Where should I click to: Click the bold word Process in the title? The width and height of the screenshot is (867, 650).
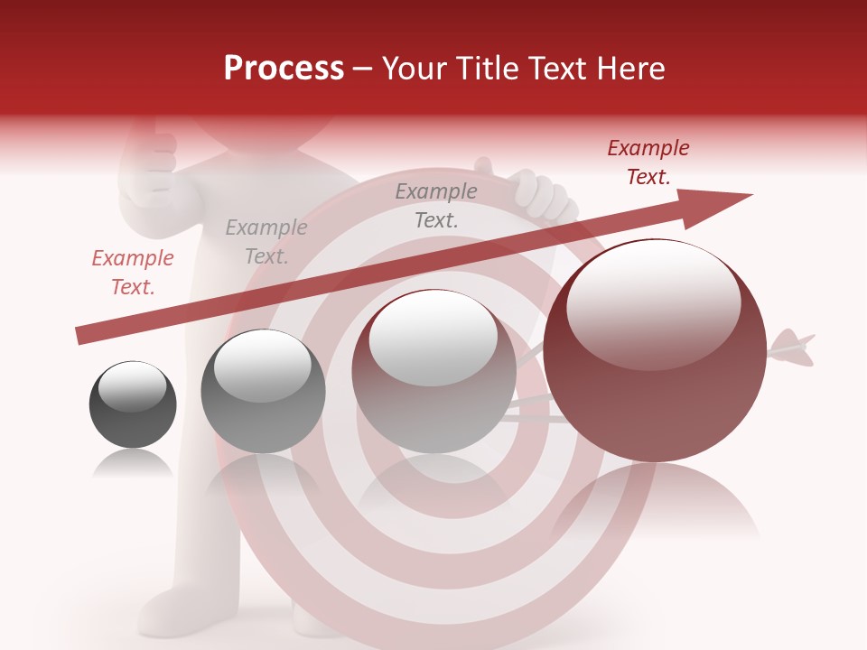(284, 69)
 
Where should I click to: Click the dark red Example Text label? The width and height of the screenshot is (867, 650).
(648, 162)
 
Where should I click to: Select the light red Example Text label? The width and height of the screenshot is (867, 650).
(132, 273)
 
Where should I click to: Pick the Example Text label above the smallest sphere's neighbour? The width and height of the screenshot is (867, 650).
(266, 242)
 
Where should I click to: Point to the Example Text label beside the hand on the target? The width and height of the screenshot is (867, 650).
(436, 206)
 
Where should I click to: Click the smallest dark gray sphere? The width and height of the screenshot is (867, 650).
(133, 404)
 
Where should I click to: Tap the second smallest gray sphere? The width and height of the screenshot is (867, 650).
(263, 391)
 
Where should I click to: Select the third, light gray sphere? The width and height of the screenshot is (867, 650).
(433, 371)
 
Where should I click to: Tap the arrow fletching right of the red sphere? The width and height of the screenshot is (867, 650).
(792, 349)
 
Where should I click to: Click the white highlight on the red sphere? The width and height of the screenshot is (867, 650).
(654, 303)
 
